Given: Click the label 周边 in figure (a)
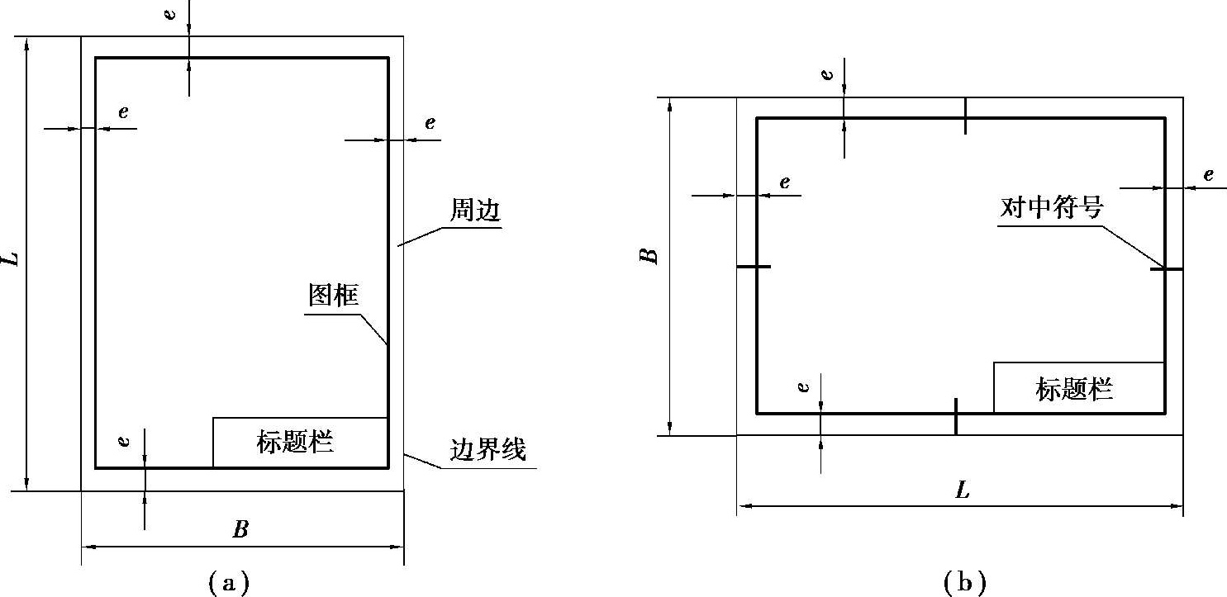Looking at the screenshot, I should click(x=475, y=211).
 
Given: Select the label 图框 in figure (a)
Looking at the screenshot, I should click(x=334, y=296).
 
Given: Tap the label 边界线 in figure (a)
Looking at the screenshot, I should click(x=487, y=451).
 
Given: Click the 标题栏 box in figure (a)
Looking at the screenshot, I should click(x=300, y=443).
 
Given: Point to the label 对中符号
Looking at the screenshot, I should click(x=1051, y=207).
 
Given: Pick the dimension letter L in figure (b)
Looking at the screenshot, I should click(x=962, y=490).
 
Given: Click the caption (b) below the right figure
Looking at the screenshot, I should click(x=963, y=584).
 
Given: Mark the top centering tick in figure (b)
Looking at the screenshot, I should click(x=965, y=116).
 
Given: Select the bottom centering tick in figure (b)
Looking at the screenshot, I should click(x=955, y=416).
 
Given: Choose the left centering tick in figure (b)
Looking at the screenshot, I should click(x=753, y=267).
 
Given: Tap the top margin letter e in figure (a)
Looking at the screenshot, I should click(x=171, y=16).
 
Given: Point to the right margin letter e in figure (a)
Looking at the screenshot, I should click(x=430, y=124).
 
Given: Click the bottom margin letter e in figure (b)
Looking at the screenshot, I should click(x=803, y=386).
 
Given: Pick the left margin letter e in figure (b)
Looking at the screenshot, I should click(x=784, y=182).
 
